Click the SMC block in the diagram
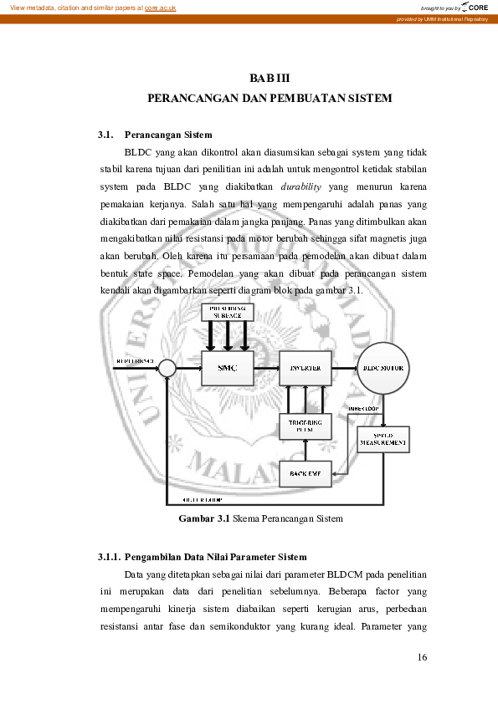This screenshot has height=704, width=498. (227, 367)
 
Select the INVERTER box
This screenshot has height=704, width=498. (305, 367)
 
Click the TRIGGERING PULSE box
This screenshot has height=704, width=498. (305, 426)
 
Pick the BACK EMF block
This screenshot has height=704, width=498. (305, 474)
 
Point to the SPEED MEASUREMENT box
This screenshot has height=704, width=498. (383, 438)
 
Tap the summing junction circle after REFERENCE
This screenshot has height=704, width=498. (167, 368)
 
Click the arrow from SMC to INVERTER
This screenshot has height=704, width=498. (265, 367)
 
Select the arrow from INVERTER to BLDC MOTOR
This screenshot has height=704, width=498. (344, 367)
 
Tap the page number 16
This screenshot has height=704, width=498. (422, 657)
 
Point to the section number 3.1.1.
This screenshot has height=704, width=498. (110, 557)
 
